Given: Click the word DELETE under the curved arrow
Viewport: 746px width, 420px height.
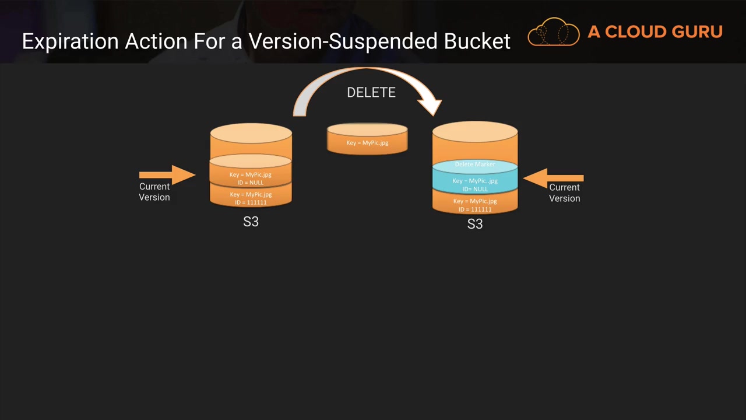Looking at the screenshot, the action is tap(371, 92).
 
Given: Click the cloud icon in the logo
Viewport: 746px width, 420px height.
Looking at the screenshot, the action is tap(554, 32).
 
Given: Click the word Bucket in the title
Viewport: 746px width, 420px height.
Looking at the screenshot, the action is tap(477, 41).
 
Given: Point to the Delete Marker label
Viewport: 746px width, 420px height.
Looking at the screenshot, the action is tap(475, 164).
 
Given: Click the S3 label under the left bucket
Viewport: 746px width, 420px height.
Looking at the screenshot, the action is tap(251, 222).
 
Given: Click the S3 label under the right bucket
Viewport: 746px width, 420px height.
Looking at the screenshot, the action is tap(475, 224).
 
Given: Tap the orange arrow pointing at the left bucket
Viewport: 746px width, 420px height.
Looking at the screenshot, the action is tap(167, 174).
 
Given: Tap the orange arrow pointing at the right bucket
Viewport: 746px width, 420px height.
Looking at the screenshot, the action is tap(553, 178).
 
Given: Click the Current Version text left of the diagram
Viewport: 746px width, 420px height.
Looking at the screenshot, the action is tap(154, 192).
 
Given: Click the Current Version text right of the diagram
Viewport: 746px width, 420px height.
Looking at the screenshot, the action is tap(565, 192).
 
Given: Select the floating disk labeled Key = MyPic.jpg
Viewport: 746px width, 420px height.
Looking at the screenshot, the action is tap(367, 139).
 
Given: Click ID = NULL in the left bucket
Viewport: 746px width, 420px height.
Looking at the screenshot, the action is tap(251, 183).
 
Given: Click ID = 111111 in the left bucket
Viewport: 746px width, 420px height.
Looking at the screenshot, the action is tap(251, 202).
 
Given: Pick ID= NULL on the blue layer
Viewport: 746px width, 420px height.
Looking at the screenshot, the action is tap(475, 189).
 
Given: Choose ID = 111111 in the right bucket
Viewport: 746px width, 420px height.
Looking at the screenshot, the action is tap(475, 209).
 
